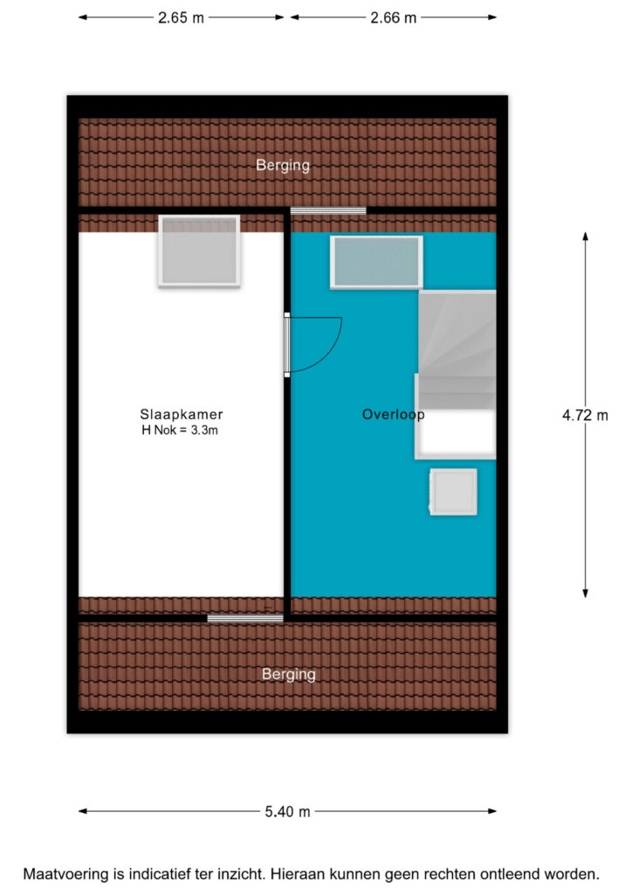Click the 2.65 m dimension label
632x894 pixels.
[181, 17]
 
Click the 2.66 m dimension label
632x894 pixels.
[393, 17]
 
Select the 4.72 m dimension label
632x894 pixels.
[585, 415]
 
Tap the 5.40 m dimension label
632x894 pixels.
[287, 811]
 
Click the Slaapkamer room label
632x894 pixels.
[182, 415]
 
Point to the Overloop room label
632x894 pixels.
[393, 415]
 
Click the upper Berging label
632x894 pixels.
[283, 165]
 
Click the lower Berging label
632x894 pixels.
[288, 675]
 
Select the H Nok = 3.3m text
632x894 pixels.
[180, 430]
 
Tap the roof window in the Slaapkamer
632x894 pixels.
[199, 251]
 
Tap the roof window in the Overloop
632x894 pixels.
[376, 262]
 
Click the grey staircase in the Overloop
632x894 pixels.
[457, 349]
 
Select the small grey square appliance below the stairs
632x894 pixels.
[453, 492]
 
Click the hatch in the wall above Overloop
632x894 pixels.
[328, 211]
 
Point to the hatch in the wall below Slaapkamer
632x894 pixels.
[245, 619]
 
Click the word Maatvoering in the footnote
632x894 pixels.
[65, 874]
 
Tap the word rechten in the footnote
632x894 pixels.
[452, 874]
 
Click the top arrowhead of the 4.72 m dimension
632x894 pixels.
[585, 236]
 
